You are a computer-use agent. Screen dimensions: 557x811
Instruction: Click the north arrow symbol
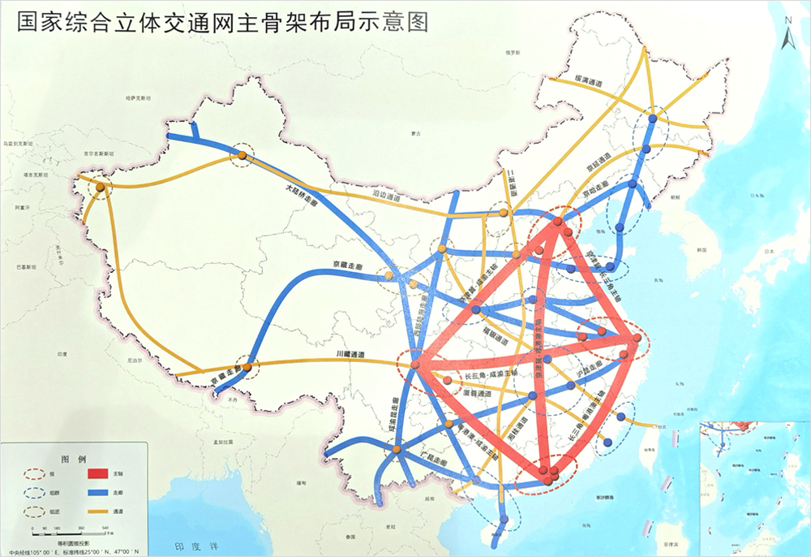pyautogui.click(x=786, y=35)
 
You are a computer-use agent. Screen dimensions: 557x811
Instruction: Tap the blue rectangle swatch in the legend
pyautogui.click(x=96, y=493)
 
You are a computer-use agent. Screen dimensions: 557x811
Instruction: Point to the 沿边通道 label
pyautogui.click(x=388, y=195)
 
